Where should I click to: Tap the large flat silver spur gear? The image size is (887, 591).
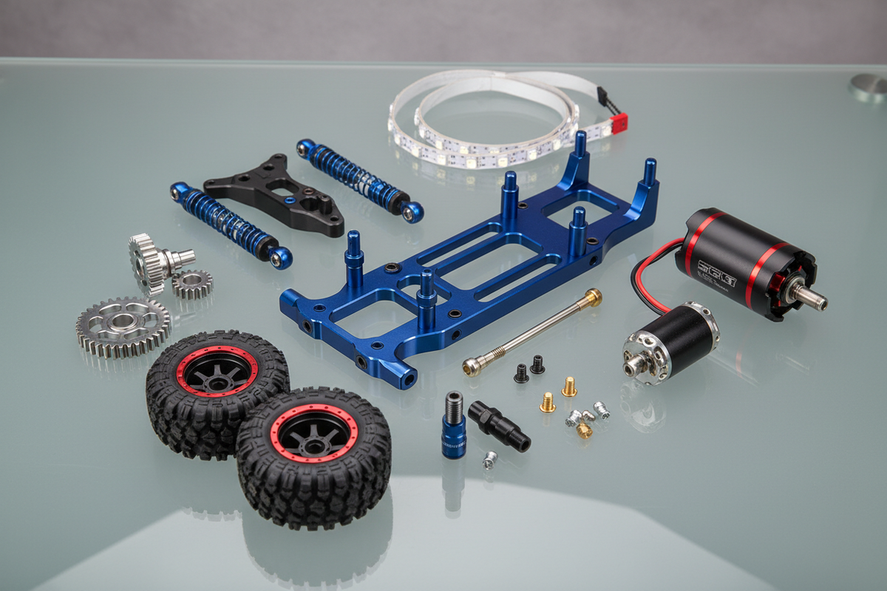(x=123, y=326)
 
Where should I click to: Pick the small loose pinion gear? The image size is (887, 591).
(x=192, y=283)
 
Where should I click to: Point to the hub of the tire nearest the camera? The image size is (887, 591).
(x=313, y=434)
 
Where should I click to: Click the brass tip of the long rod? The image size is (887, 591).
(x=593, y=297)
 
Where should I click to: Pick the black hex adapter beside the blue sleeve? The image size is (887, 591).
(x=499, y=426)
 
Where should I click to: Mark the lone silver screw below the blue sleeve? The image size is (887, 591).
(x=489, y=461)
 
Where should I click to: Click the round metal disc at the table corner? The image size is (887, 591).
(x=869, y=86)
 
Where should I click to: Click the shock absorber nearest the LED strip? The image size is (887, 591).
(x=359, y=180)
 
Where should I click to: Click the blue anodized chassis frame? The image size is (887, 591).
(x=473, y=273)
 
